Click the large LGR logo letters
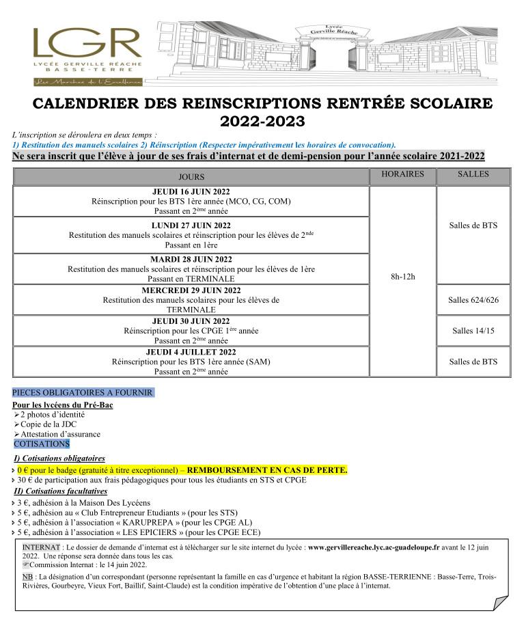[x=86, y=44]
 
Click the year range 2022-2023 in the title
[x=262, y=122]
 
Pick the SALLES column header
[x=473, y=174]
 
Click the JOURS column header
[x=191, y=177]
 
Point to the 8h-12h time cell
[x=402, y=277]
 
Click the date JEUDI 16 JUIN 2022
[x=191, y=192]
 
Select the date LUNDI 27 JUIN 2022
[x=191, y=226]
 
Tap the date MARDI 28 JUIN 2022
[x=191, y=259]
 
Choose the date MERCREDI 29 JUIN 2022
[x=191, y=290]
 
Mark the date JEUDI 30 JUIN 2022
[x=191, y=321]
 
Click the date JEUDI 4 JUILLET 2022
[x=191, y=352]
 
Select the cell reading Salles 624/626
[x=473, y=300]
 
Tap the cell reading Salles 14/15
[x=473, y=331]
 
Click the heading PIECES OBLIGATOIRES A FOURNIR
[x=83, y=392]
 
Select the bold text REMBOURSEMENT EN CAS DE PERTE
[x=267, y=470]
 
